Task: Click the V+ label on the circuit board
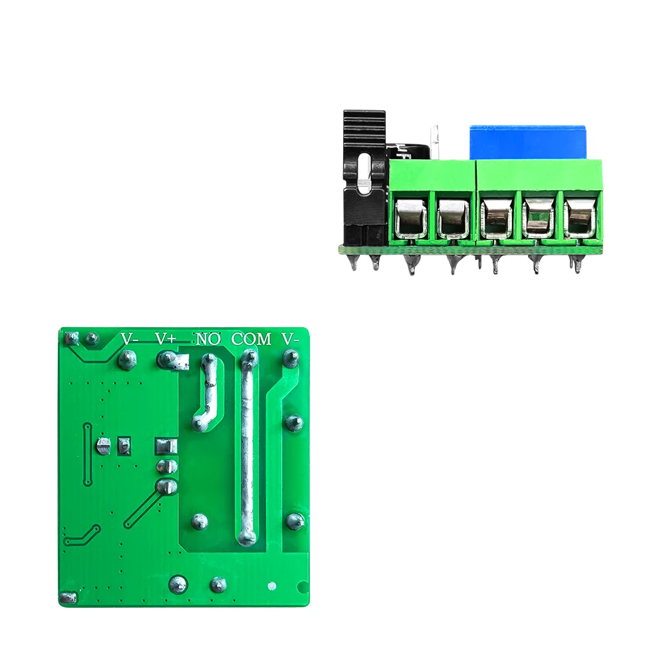[x=166, y=338]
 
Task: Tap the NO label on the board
[x=207, y=338]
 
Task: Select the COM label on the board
[x=251, y=338]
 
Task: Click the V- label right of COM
[x=291, y=338]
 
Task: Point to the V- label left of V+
[x=130, y=338]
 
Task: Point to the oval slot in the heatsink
[x=364, y=175]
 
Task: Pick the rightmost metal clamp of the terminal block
[x=580, y=217]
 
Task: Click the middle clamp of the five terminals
[x=496, y=217]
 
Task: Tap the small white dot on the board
[x=271, y=586]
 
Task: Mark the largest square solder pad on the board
[x=164, y=446]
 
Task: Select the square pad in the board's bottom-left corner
[x=66, y=598]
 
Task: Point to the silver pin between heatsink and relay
[x=434, y=141]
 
